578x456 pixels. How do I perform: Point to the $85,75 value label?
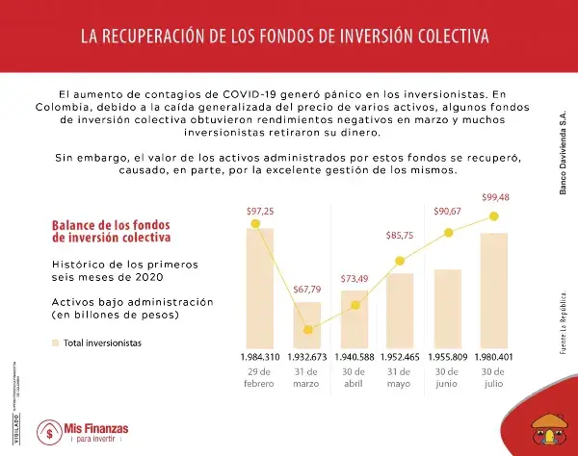point(400,235)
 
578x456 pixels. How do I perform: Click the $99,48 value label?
point(494,197)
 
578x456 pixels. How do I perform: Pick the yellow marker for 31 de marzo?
point(308,329)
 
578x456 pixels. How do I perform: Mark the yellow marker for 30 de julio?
point(494,216)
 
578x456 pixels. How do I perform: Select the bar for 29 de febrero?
point(260,289)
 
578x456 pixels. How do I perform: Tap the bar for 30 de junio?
point(447,309)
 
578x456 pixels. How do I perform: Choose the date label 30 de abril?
point(354,377)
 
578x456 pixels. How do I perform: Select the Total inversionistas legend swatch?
point(55,342)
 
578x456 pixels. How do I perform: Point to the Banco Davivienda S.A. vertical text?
point(563,154)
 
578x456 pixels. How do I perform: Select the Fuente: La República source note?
point(563,323)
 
